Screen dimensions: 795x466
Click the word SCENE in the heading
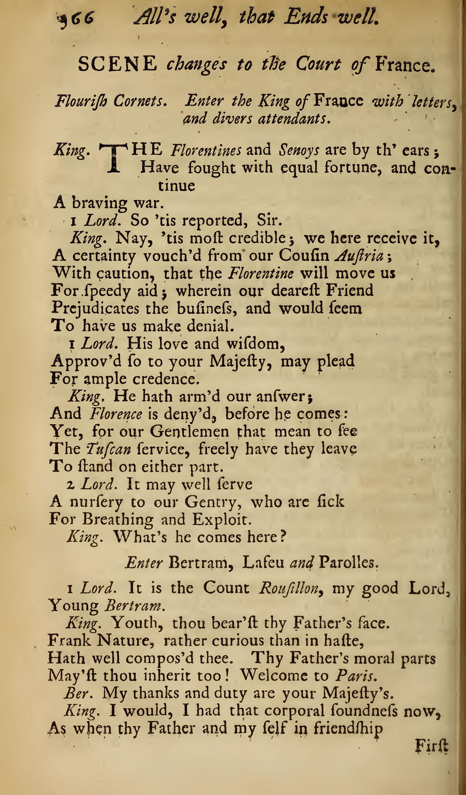coord(117,64)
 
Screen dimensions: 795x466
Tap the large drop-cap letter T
coord(113,158)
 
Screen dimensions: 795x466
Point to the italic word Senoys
coord(299,151)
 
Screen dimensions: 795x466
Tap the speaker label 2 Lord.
coord(91,484)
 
